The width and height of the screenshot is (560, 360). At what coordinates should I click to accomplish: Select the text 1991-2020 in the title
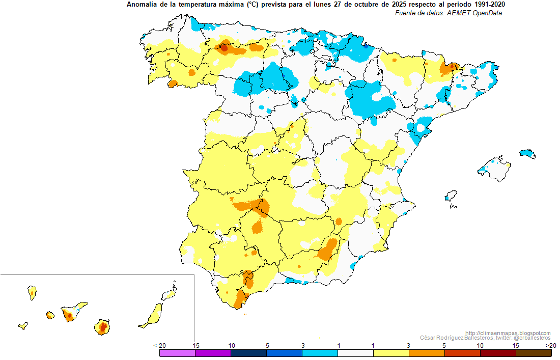click(490, 5)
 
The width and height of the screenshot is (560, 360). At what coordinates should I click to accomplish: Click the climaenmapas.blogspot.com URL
click(508, 333)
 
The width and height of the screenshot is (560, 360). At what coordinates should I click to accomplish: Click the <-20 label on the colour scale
click(160, 345)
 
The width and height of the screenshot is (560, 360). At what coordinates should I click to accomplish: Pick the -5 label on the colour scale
click(266, 345)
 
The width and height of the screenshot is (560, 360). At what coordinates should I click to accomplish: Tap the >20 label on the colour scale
click(551, 345)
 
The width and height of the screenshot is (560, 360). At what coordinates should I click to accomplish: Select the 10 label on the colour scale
click(481, 345)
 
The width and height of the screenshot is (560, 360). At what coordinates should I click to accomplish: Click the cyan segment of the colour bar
click(320, 353)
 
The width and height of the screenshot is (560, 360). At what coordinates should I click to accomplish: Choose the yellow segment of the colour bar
click(391, 353)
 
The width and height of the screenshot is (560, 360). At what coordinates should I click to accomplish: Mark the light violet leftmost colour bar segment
click(178, 353)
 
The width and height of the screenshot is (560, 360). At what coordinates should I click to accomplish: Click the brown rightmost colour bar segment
click(534, 353)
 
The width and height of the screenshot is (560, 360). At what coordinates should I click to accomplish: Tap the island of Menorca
click(527, 154)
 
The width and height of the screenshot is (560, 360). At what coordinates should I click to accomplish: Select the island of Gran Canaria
click(102, 327)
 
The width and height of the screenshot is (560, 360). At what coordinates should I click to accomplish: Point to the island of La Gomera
click(50, 315)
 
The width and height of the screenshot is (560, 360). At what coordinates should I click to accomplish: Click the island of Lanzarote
click(170, 294)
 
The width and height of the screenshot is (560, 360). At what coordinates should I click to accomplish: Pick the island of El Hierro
click(23, 326)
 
